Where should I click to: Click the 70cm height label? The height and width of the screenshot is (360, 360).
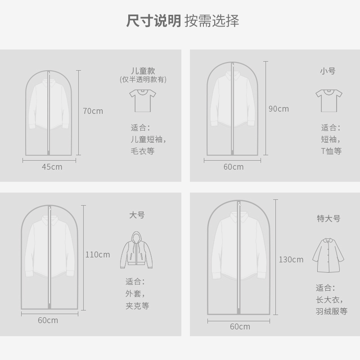[x=93, y=111]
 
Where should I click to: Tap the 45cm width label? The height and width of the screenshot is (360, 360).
[x=52, y=167]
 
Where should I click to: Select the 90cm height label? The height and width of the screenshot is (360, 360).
[x=279, y=108]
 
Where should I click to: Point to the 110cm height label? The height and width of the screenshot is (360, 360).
[x=98, y=255]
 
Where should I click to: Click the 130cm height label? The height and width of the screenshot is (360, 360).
[x=291, y=259]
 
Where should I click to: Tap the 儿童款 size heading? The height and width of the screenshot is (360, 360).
[x=143, y=71]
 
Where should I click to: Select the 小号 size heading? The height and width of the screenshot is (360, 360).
[x=328, y=71]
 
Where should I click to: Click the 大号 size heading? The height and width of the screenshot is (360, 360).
[x=137, y=215]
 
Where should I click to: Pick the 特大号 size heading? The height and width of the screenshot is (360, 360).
[x=328, y=219]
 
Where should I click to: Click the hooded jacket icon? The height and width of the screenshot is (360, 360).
[x=136, y=250]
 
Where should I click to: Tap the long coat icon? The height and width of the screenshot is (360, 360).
[x=328, y=255]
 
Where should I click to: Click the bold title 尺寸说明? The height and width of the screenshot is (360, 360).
[x=153, y=21]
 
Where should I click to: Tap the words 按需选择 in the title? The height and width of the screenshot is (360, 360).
[x=211, y=21]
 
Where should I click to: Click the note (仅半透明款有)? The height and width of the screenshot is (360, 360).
[x=143, y=80]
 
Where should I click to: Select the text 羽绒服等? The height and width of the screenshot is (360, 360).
[x=331, y=311]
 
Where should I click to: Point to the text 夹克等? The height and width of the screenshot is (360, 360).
[x=137, y=306]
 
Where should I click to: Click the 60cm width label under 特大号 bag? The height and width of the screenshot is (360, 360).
[x=239, y=327]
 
